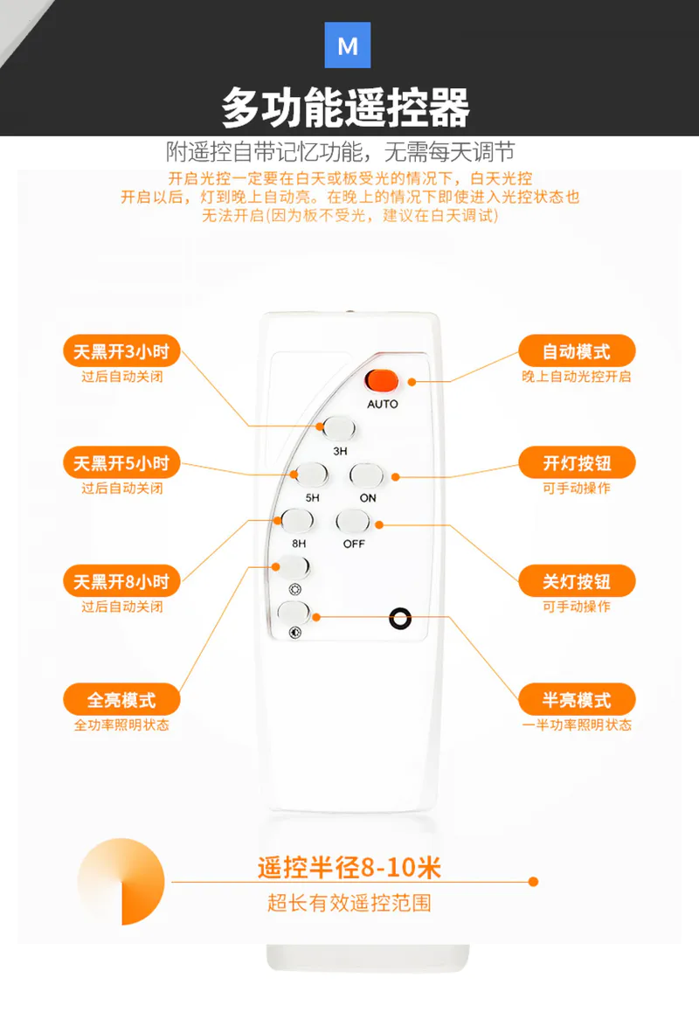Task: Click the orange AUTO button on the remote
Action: click(x=382, y=381)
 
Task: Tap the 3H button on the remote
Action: click(x=339, y=428)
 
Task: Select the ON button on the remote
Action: click(x=366, y=475)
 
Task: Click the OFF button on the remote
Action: click(x=353, y=521)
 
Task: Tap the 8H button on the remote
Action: click(x=297, y=521)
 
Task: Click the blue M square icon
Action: click(x=348, y=45)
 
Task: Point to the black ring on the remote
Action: click(x=400, y=618)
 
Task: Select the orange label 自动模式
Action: click(x=578, y=351)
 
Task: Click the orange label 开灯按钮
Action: click(x=578, y=463)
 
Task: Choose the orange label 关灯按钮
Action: click(x=578, y=582)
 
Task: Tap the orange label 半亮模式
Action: click(x=578, y=700)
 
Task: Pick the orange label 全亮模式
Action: click(x=121, y=700)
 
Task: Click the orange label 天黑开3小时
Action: click(x=121, y=351)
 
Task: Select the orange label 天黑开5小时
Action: click(x=121, y=463)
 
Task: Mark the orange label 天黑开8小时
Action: click(x=121, y=582)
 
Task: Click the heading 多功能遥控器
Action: click(x=346, y=107)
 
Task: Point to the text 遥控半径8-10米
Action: click(x=349, y=868)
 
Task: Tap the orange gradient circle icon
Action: click(x=121, y=882)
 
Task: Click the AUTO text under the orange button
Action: click(x=383, y=404)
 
